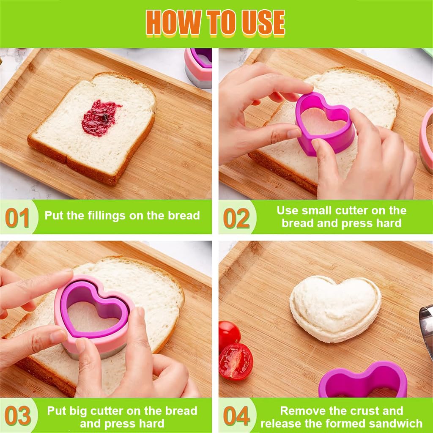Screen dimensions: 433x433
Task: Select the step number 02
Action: click(x=236, y=218)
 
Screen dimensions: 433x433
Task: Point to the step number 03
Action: click(x=18, y=416)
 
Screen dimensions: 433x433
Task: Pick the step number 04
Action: click(x=236, y=416)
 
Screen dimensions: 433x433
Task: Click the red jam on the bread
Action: click(x=100, y=118)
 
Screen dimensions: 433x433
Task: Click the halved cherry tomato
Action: click(x=236, y=362)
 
